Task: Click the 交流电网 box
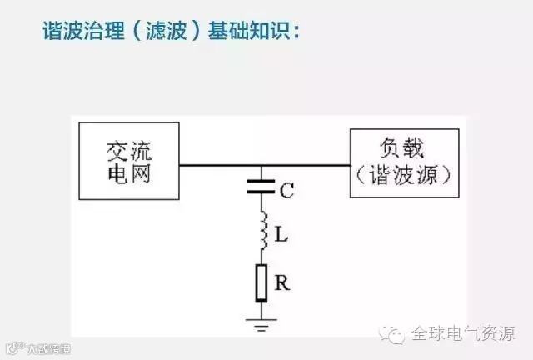pyautogui.click(x=128, y=161)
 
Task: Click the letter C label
pyautogui.click(x=286, y=191)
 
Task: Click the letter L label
pyautogui.click(x=281, y=236)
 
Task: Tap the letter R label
pyautogui.click(x=281, y=283)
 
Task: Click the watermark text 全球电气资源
pyautogui.click(x=462, y=334)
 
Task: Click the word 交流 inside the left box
pyautogui.click(x=129, y=149)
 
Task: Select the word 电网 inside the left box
pyautogui.click(x=129, y=174)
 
